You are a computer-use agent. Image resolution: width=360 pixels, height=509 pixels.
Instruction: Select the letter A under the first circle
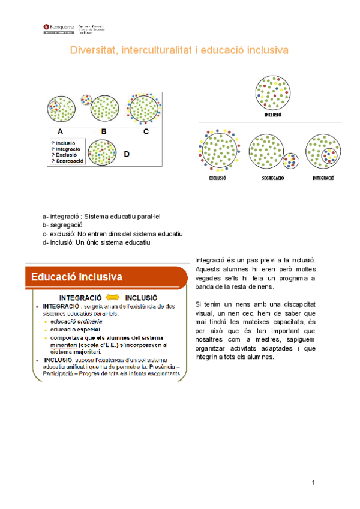coord(60,131)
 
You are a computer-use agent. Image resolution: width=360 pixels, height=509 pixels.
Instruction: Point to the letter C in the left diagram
coord(146,131)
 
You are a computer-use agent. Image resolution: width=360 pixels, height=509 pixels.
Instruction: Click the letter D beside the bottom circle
coord(127,154)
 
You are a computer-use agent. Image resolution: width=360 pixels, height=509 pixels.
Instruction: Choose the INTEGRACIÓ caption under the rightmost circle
coord(323,178)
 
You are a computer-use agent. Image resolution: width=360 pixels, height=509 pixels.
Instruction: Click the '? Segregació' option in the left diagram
coord(68,161)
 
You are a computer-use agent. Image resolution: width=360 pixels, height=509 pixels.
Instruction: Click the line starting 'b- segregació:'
coord(63,224)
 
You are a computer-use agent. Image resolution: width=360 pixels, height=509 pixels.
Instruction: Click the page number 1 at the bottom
coord(314,483)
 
